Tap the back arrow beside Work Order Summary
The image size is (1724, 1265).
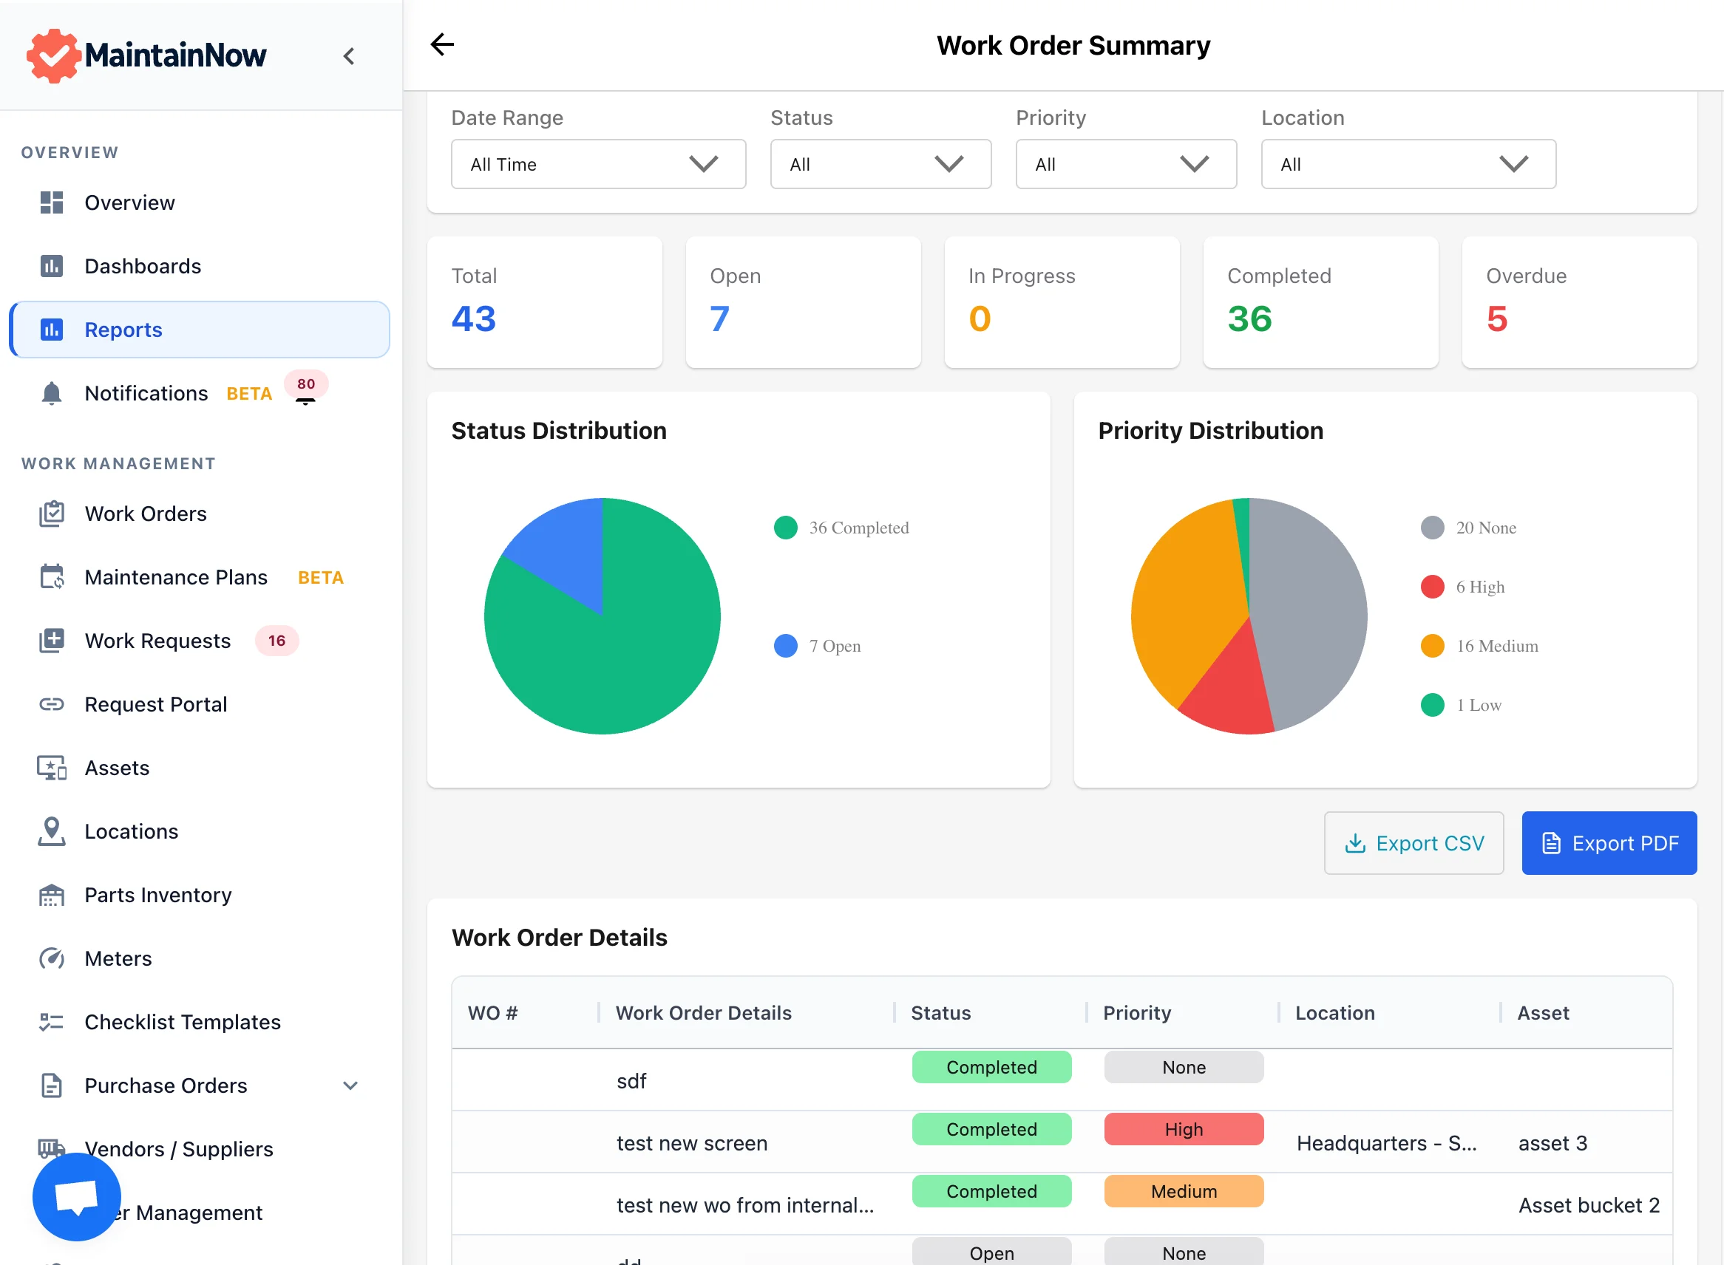point(442,44)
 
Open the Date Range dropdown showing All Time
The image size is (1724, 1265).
point(597,164)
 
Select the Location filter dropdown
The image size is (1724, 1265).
point(1408,164)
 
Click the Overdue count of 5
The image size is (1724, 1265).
point(1496,318)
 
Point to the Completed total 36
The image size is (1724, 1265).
point(1249,318)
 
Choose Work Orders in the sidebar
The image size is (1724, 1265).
point(146,514)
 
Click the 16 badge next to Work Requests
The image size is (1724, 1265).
point(276,641)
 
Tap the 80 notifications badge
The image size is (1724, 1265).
point(306,384)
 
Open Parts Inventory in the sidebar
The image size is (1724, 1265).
point(158,895)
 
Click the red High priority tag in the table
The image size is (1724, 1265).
point(1183,1130)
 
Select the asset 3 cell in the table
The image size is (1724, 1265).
point(1552,1143)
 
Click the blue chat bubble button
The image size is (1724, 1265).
point(77,1197)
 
